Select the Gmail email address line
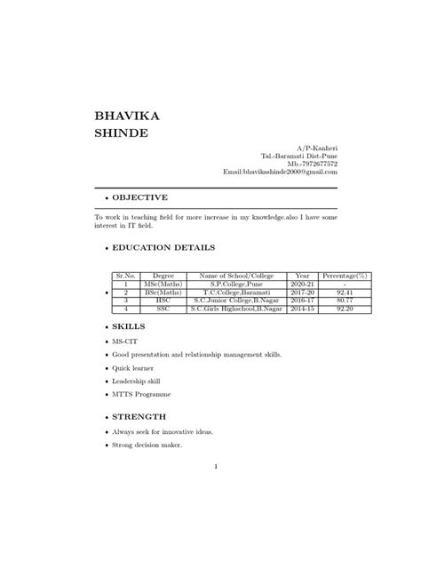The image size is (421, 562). click(x=279, y=173)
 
